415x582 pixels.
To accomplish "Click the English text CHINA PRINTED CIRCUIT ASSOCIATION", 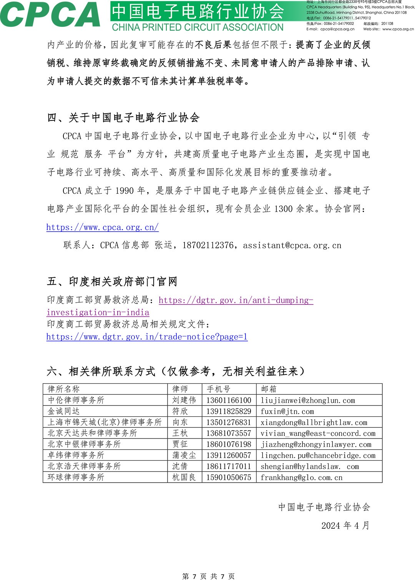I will (198, 28).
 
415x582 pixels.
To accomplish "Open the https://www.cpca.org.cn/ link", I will (102, 227).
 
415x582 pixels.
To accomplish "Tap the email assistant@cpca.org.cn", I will (292, 246).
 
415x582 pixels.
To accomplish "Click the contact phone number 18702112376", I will (207, 246).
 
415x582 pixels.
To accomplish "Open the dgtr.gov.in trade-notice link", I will (147, 337).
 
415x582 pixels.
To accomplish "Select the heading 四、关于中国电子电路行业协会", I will (123, 117).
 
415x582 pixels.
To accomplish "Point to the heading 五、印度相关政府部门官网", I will (112, 282).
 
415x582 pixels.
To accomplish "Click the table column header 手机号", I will (218, 389).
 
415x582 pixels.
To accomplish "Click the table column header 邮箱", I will (269, 389).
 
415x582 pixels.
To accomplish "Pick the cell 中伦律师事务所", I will (76, 400).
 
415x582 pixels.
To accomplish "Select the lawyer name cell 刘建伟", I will (184, 400).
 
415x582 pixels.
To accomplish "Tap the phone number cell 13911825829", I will (229, 411).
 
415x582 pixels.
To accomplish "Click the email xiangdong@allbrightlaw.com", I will (314, 422).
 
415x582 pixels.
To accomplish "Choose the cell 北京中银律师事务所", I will (84, 444).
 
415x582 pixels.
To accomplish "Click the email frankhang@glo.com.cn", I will (301, 478).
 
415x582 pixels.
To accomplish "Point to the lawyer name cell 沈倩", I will (180, 467).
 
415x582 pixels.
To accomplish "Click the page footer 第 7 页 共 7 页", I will (208, 576).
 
